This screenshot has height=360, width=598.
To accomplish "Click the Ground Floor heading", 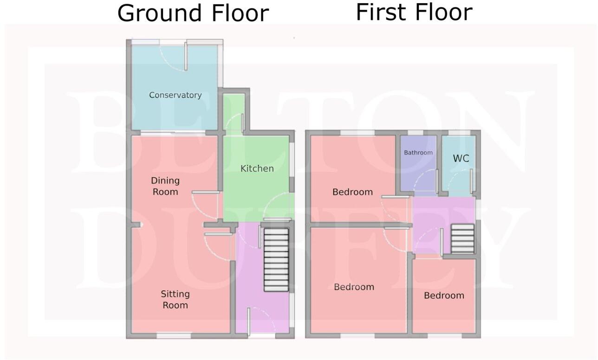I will click(193, 13).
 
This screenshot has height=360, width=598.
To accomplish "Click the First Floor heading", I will click(414, 12).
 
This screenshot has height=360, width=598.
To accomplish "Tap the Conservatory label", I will click(175, 95).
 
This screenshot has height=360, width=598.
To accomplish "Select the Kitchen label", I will click(257, 168).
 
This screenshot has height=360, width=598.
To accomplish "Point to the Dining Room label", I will click(165, 186).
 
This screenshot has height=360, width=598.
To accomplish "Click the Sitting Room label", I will click(175, 299).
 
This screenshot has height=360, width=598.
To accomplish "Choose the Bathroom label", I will click(418, 153).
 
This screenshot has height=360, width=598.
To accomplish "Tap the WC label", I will click(461, 159).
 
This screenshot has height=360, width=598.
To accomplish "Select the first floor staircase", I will click(463, 238).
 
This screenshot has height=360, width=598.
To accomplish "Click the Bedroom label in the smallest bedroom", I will click(444, 296).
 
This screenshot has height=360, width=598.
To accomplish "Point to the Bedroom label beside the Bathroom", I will click(352, 192).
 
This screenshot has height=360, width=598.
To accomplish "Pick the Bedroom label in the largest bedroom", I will click(354, 287).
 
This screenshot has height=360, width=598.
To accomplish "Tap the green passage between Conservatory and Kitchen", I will click(234, 114).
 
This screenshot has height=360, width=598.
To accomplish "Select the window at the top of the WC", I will click(459, 133).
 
